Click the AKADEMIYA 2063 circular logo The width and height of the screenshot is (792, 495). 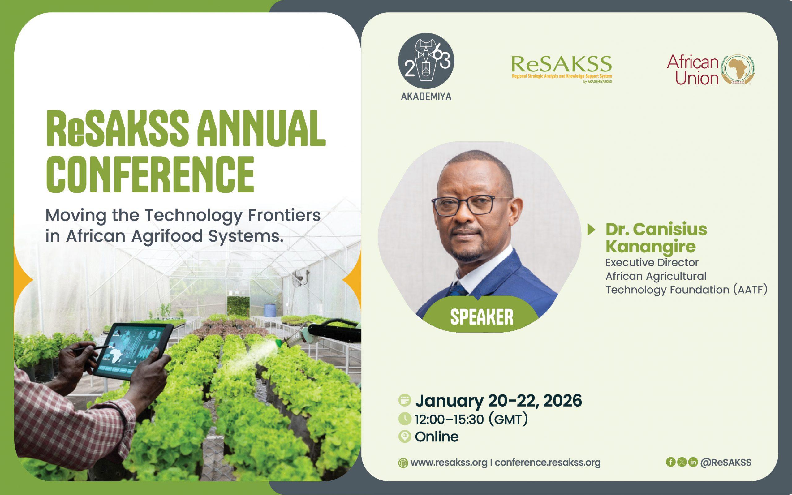[426, 61]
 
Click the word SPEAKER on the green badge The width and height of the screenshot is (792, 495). [482, 317]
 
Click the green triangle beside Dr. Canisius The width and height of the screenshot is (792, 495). [591, 230]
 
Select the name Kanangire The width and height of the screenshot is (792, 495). [651, 247]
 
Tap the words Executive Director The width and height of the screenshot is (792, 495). [652, 263]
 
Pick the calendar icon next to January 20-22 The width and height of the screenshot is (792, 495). [405, 400]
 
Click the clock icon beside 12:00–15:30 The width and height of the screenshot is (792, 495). [405, 419]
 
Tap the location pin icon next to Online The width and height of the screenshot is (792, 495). [405, 437]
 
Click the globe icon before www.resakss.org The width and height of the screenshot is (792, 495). [403, 463]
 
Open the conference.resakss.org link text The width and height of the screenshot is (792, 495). [548, 463]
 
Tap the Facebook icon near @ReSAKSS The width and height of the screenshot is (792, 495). [671, 462]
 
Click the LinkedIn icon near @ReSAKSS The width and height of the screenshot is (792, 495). [693, 462]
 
